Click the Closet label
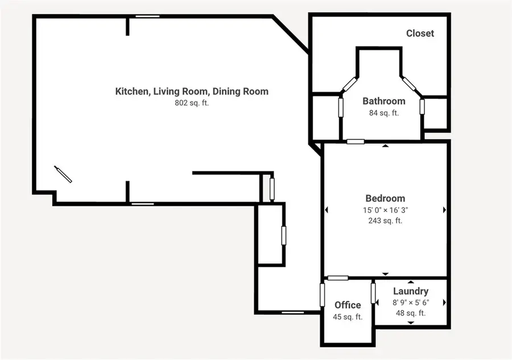(x=420, y=34)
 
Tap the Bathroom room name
(x=384, y=101)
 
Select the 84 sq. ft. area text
(x=384, y=113)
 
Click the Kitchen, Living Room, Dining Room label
(x=192, y=91)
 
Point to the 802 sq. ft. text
(x=192, y=103)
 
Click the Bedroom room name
(x=385, y=198)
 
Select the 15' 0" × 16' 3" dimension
(x=385, y=209)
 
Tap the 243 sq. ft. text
(x=385, y=220)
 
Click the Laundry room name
(x=410, y=291)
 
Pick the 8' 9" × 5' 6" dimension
(x=410, y=303)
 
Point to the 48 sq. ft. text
(x=410, y=313)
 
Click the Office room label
(x=347, y=305)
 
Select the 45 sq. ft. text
(x=347, y=317)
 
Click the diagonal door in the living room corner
(x=63, y=174)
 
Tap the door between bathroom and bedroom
(x=356, y=141)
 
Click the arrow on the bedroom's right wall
(x=444, y=210)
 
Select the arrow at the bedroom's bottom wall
(x=385, y=274)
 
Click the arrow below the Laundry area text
(x=410, y=322)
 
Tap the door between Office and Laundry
(x=374, y=293)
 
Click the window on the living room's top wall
(x=147, y=16)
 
